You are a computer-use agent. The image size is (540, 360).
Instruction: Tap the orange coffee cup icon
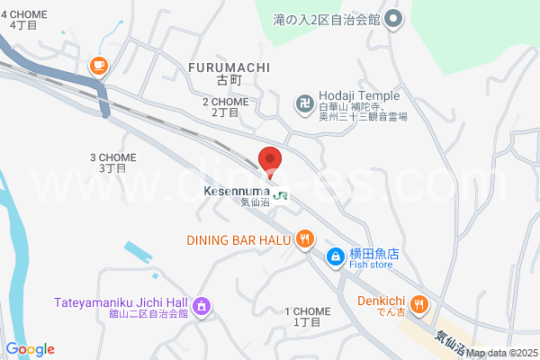pyautogui.click(x=98, y=65)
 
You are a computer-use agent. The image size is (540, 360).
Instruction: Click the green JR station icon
pyautogui.click(x=281, y=193)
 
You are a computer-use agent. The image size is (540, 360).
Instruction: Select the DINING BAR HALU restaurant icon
pyautogui.click(x=305, y=239)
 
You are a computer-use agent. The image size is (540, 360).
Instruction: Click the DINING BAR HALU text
pyautogui.click(x=238, y=240)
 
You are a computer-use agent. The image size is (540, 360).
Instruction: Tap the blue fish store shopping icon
pyautogui.click(x=334, y=257)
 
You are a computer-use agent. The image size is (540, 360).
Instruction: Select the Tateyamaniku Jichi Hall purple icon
pyautogui.click(x=202, y=305)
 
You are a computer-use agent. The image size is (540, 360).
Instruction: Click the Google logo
pyautogui.click(x=30, y=349)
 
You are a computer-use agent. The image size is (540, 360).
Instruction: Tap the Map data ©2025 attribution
pyautogui.click(x=501, y=353)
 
